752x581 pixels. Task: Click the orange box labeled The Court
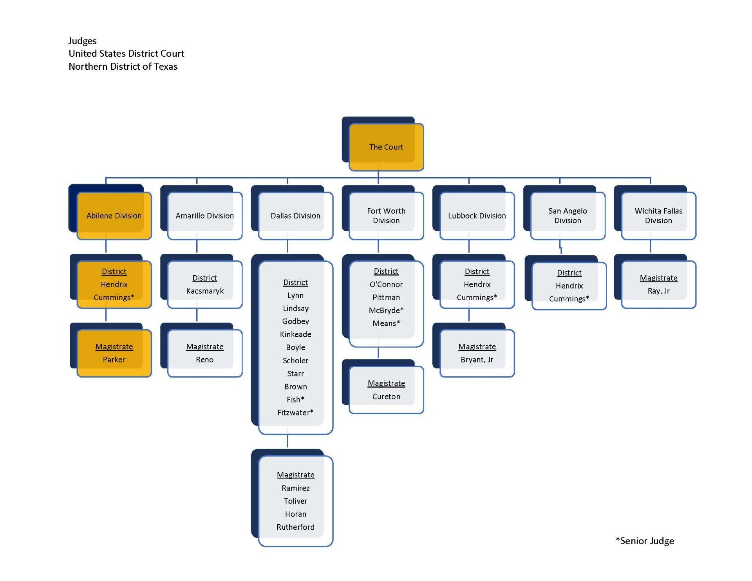386,147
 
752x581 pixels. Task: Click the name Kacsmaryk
205,291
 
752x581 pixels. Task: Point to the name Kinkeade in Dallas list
296,334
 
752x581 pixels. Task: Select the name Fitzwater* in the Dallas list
295,413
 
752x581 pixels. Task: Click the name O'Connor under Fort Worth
386,284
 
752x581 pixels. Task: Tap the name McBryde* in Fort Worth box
386,310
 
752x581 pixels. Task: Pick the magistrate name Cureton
386,397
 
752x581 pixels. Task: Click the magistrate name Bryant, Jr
477,360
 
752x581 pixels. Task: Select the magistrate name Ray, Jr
658,291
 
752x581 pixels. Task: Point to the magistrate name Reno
204,360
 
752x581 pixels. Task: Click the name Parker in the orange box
114,360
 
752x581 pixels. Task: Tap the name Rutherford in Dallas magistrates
295,527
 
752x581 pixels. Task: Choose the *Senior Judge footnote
645,541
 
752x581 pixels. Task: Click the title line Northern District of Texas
123,67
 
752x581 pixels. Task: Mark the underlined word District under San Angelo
569,273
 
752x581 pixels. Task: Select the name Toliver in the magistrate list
295,501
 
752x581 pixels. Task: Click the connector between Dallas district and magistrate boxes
287,441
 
